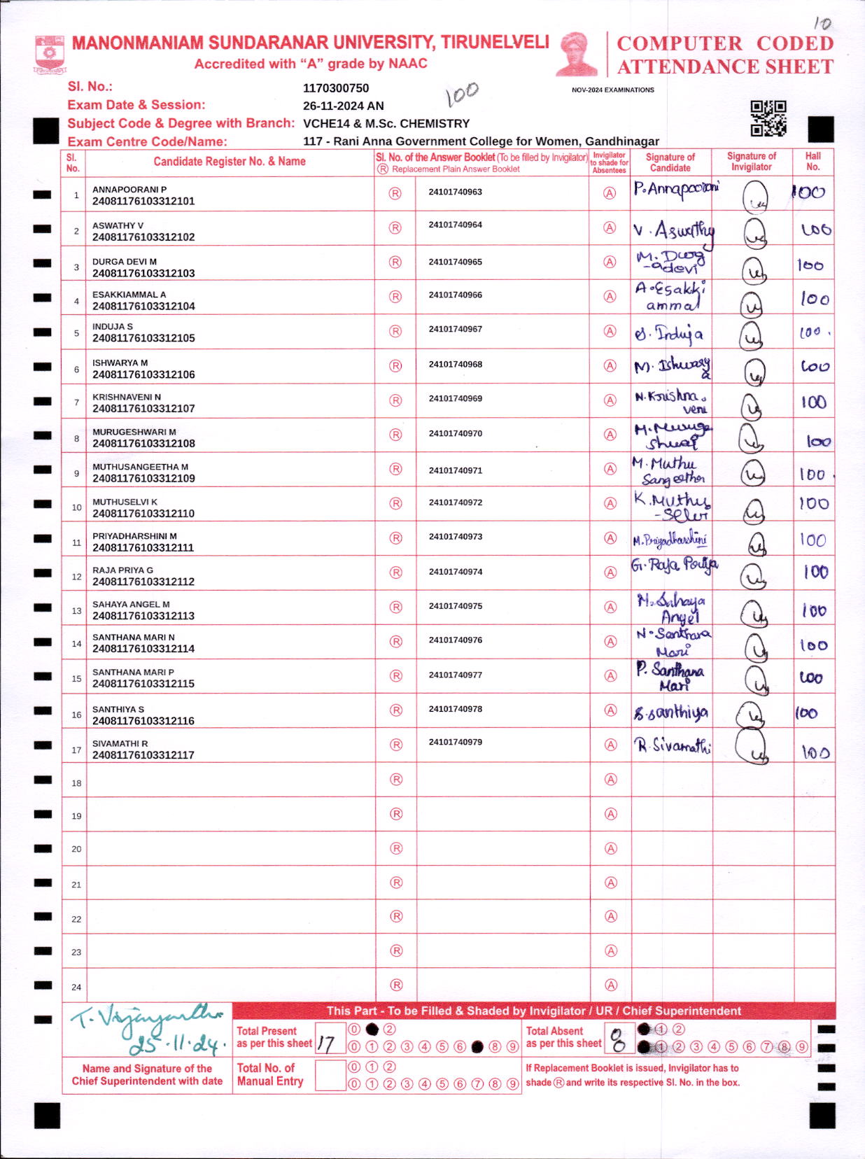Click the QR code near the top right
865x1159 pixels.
click(x=768, y=118)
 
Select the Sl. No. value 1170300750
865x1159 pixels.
click(x=336, y=88)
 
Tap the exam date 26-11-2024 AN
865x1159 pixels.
click(x=343, y=106)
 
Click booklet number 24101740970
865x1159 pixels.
click(x=456, y=434)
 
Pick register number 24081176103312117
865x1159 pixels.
click(x=143, y=755)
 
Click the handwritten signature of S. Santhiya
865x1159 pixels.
click(x=670, y=713)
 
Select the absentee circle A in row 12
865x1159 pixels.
click(x=610, y=573)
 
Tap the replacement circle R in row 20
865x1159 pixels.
click(x=396, y=848)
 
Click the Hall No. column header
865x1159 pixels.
click(x=813, y=162)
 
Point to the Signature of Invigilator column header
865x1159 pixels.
click(x=752, y=162)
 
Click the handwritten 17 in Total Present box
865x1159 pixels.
click(x=325, y=1044)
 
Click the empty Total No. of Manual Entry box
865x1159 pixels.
click(x=330, y=1076)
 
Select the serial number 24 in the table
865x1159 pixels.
click(x=76, y=988)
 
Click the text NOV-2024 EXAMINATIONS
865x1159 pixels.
click(x=613, y=90)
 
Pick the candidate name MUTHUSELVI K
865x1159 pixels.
click(x=125, y=502)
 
